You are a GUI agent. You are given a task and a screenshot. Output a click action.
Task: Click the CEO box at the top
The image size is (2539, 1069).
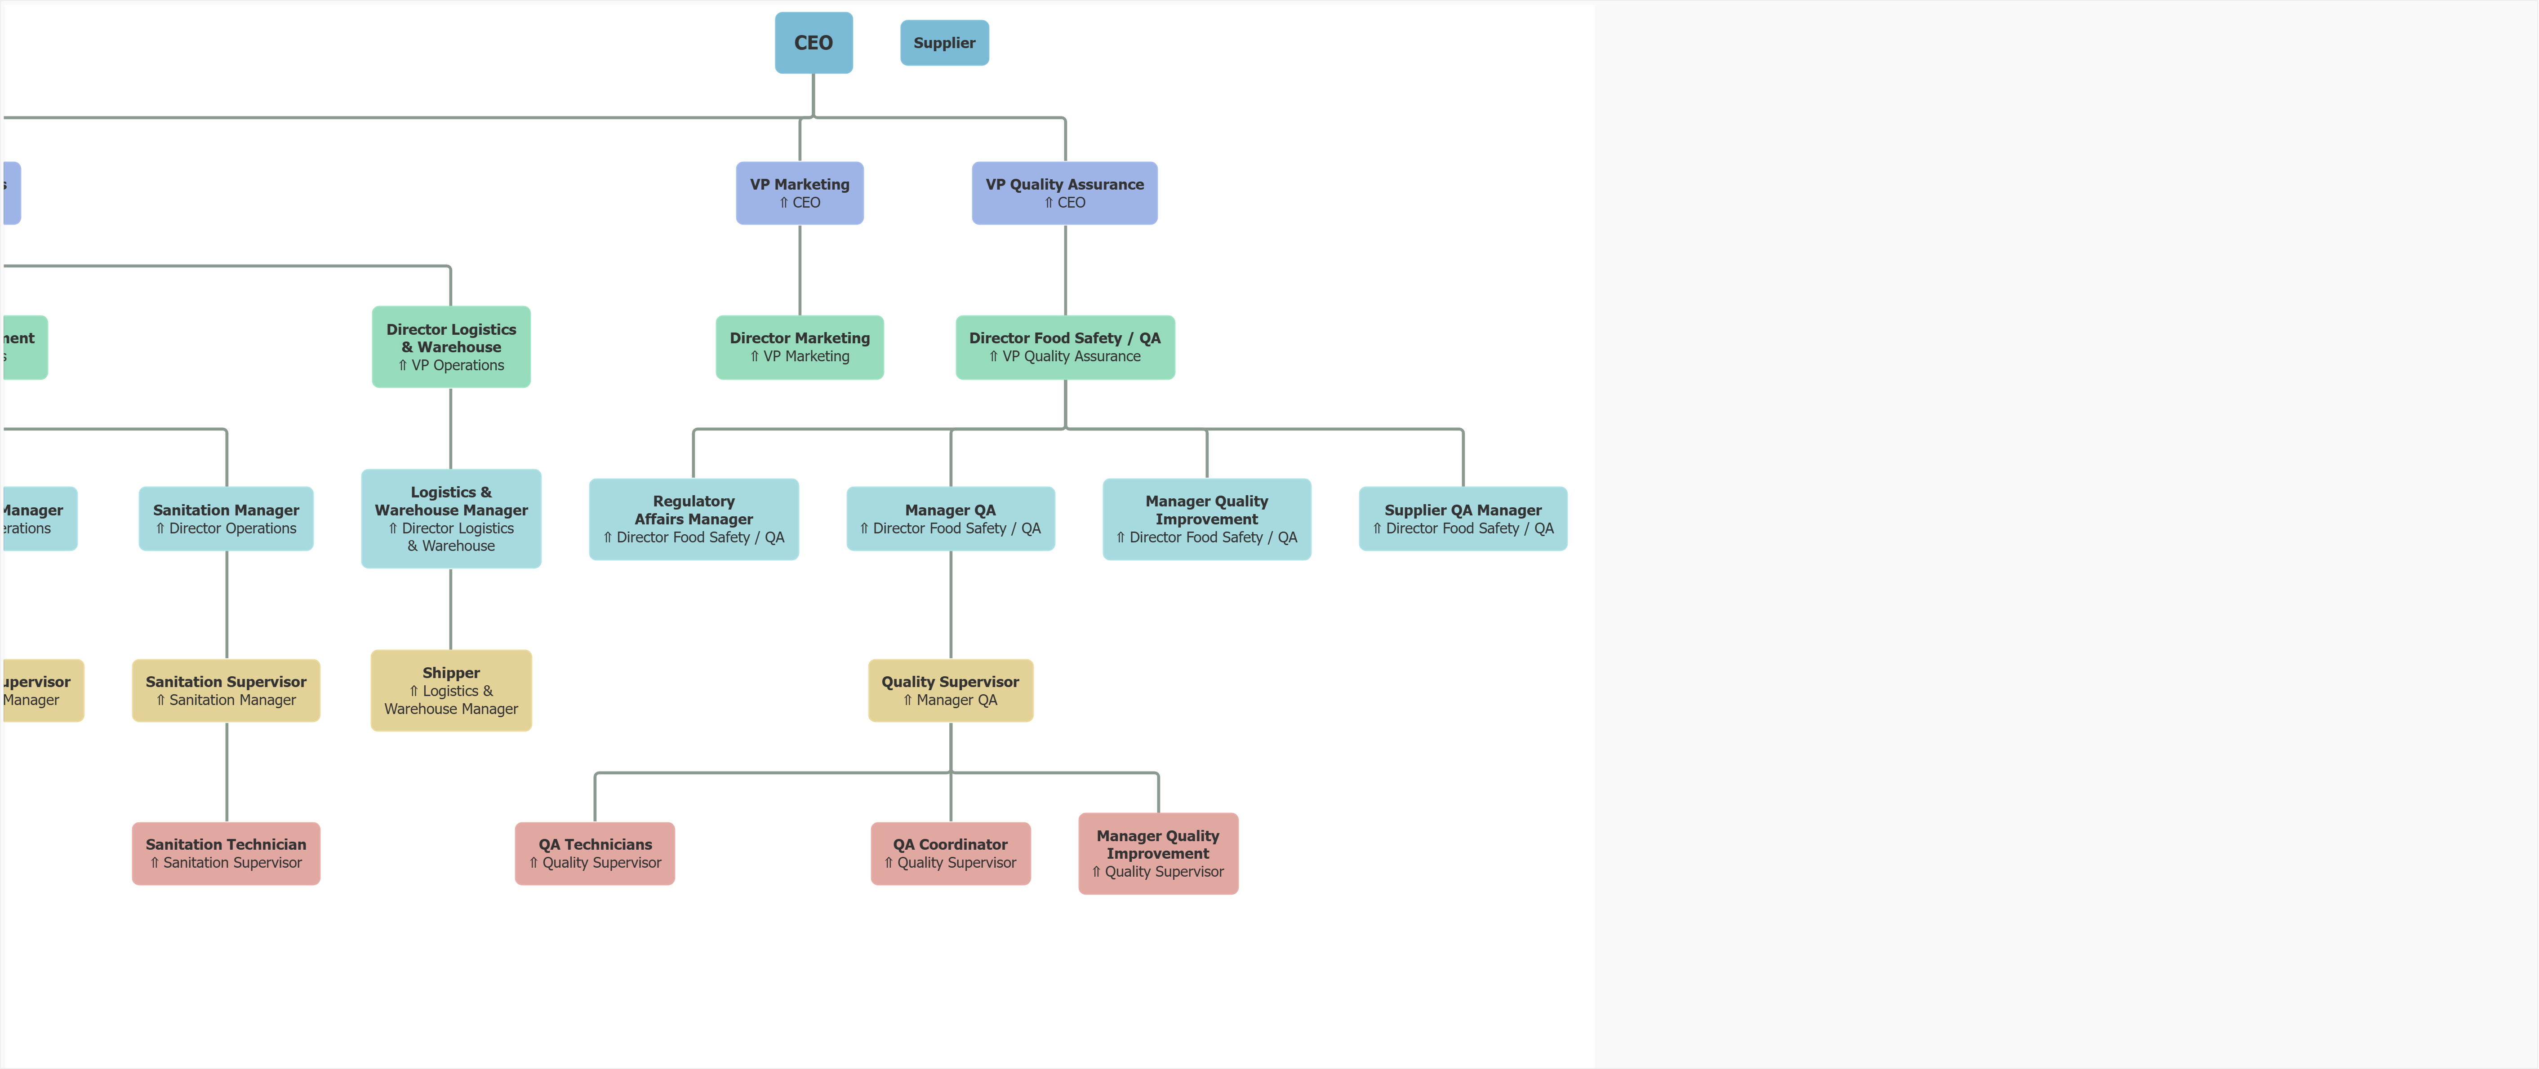pos(813,42)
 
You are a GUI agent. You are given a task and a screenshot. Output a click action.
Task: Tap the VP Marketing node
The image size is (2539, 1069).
pos(799,193)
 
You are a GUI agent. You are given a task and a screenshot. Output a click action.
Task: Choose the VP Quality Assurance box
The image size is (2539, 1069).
pos(1064,193)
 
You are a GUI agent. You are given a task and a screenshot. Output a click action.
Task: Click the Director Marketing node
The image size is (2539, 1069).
pos(799,347)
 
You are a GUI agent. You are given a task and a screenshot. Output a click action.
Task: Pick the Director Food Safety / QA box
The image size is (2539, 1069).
pos(1064,347)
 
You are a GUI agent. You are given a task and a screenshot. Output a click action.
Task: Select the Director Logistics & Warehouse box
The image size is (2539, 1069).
pos(450,347)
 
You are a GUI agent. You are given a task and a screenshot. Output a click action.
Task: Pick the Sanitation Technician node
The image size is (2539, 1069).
pos(226,853)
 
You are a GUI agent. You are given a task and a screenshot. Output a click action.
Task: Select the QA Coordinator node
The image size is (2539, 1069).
pos(950,853)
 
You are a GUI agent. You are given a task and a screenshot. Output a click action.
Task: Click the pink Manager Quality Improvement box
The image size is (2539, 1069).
pos(1158,853)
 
